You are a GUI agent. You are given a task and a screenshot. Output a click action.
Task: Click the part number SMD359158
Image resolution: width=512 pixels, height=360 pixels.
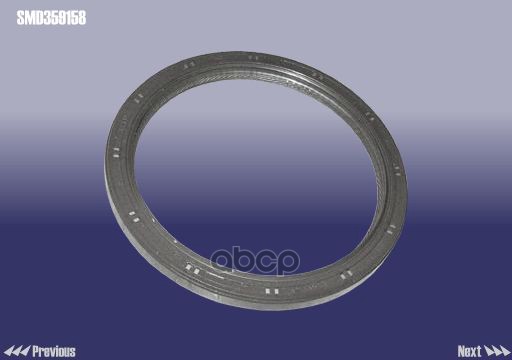click(x=50, y=16)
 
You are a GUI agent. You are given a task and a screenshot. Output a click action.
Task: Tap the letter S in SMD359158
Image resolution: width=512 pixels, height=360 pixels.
click(x=20, y=16)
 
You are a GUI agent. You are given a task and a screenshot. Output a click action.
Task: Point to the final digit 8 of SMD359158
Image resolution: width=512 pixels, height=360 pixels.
click(x=81, y=16)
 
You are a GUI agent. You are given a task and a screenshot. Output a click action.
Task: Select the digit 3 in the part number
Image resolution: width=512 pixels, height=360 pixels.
click(x=44, y=16)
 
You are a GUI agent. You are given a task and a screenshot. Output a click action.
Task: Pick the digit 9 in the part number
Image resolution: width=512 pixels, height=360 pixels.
click(x=59, y=16)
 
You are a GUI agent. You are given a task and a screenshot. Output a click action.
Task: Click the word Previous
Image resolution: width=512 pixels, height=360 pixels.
click(x=54, y=351)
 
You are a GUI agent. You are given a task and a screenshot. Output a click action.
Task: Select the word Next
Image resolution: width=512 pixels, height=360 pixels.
click(x=470, y=351)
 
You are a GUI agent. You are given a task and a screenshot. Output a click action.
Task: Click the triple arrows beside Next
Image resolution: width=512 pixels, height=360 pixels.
click(x=497, y=351)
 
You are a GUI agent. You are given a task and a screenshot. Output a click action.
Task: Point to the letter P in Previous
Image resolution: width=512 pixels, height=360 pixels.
click(x=37, y=351)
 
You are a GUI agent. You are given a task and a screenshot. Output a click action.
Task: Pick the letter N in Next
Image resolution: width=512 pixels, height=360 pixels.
click(x=461, y=351)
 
